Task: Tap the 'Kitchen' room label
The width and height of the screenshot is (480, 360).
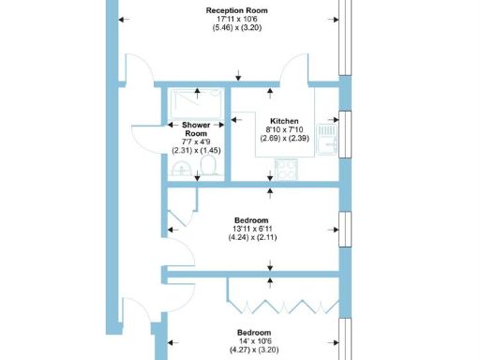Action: pyautogui.click(x=285, y=122)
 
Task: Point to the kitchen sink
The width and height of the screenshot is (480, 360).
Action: pyautogui.click(x=325, y=137)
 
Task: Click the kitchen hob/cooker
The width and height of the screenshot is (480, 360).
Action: pyautogui.click(x=286, y=171)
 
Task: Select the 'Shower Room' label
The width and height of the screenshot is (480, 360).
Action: pyautogui.click(x=195, y=129)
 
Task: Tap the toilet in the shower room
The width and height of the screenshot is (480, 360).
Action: pyautogui.click(x=210, y=166)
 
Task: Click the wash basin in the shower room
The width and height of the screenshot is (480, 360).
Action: pyautogui.click(x=182, y=168)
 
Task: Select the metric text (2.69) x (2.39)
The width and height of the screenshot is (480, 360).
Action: pyautogui.click(x=285, y=139)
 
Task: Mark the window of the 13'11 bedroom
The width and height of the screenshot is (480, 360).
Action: pyautogui.click(x=345, y=228)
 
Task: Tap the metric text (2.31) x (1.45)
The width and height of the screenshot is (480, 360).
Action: pyautogui.click(x=195, y=148)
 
